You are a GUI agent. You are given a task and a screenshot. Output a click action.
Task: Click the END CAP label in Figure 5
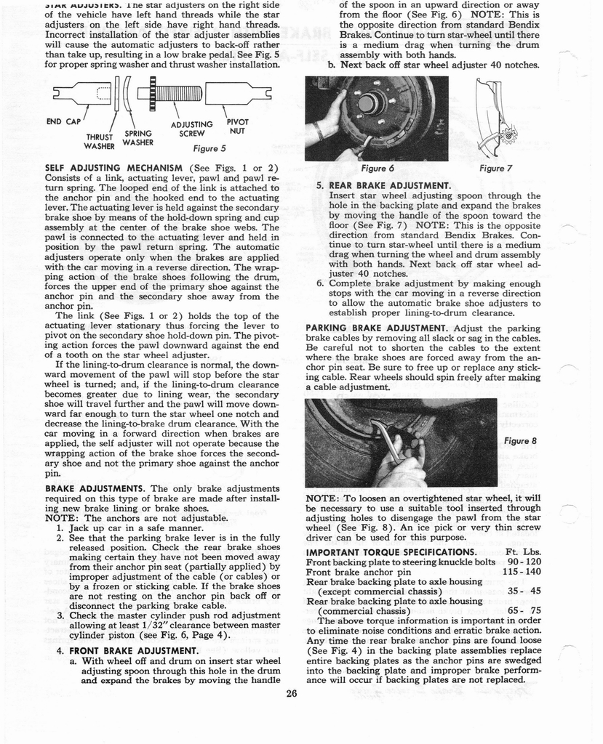63,121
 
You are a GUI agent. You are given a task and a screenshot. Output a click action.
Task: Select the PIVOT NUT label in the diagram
238,126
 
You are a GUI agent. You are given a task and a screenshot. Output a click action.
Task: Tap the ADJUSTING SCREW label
191,129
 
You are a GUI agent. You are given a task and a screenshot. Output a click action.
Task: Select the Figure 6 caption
377,168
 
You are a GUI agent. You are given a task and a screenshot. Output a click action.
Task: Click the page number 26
292,693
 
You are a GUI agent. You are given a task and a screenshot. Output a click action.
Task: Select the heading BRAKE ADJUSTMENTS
95,488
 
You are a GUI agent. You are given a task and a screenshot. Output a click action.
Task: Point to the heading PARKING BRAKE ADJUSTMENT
378,328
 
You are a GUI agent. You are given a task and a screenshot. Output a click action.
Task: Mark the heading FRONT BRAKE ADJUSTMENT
133,650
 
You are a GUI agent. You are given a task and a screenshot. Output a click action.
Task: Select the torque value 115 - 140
522,572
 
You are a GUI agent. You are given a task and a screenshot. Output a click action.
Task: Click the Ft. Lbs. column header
523,551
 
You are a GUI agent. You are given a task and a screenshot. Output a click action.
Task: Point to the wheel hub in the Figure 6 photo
371,103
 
